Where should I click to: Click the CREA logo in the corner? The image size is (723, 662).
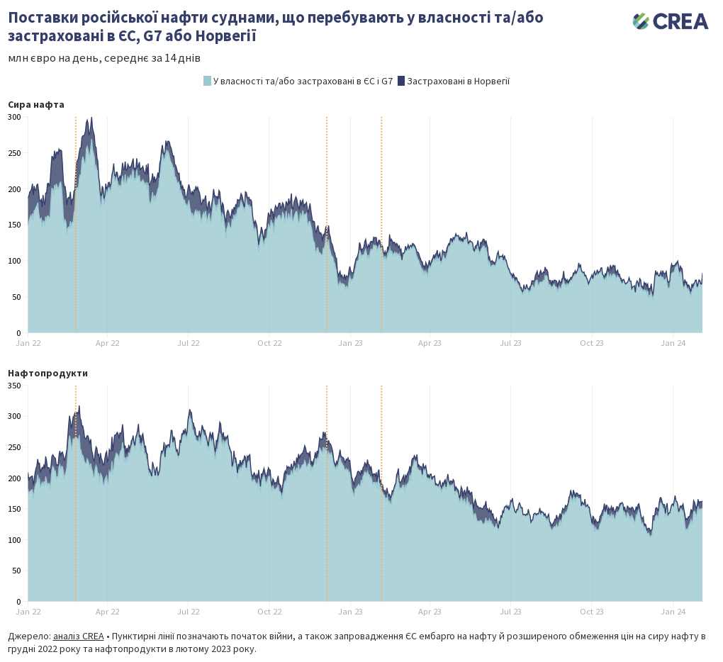coord(670,21)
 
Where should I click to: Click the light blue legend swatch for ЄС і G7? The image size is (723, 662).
coord(207,81)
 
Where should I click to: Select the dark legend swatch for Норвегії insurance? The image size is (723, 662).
coord(400,81)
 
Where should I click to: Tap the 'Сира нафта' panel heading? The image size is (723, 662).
coord(36,104)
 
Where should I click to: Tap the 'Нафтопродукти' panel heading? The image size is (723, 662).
coord(47,373)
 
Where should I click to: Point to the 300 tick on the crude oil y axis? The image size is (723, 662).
coord(15,117)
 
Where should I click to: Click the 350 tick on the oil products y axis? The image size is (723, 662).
coord(15,386)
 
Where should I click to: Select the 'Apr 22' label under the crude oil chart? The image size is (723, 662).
coord(108,343)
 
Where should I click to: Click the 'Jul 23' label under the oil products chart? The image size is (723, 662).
coord(511,611)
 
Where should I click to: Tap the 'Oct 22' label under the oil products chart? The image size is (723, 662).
coord(269,611)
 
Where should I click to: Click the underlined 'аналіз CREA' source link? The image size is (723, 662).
coord(78,636)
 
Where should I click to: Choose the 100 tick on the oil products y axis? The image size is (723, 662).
coord(15,540)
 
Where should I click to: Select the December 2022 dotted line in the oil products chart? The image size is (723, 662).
coord(327,496)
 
